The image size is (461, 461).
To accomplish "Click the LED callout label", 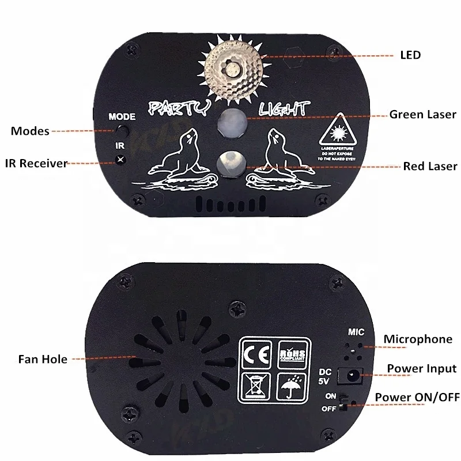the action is point(410,55).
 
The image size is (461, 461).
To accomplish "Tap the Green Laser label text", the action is point(422,114).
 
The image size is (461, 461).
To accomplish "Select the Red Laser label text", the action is point(430,167).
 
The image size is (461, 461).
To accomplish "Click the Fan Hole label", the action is point(42,359).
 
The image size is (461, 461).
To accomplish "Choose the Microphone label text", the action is point(418,339).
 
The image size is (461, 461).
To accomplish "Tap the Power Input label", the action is point(421,368).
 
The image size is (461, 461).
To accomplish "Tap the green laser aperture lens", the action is point(231,120).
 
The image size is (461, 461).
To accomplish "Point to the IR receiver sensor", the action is point(120,160).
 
